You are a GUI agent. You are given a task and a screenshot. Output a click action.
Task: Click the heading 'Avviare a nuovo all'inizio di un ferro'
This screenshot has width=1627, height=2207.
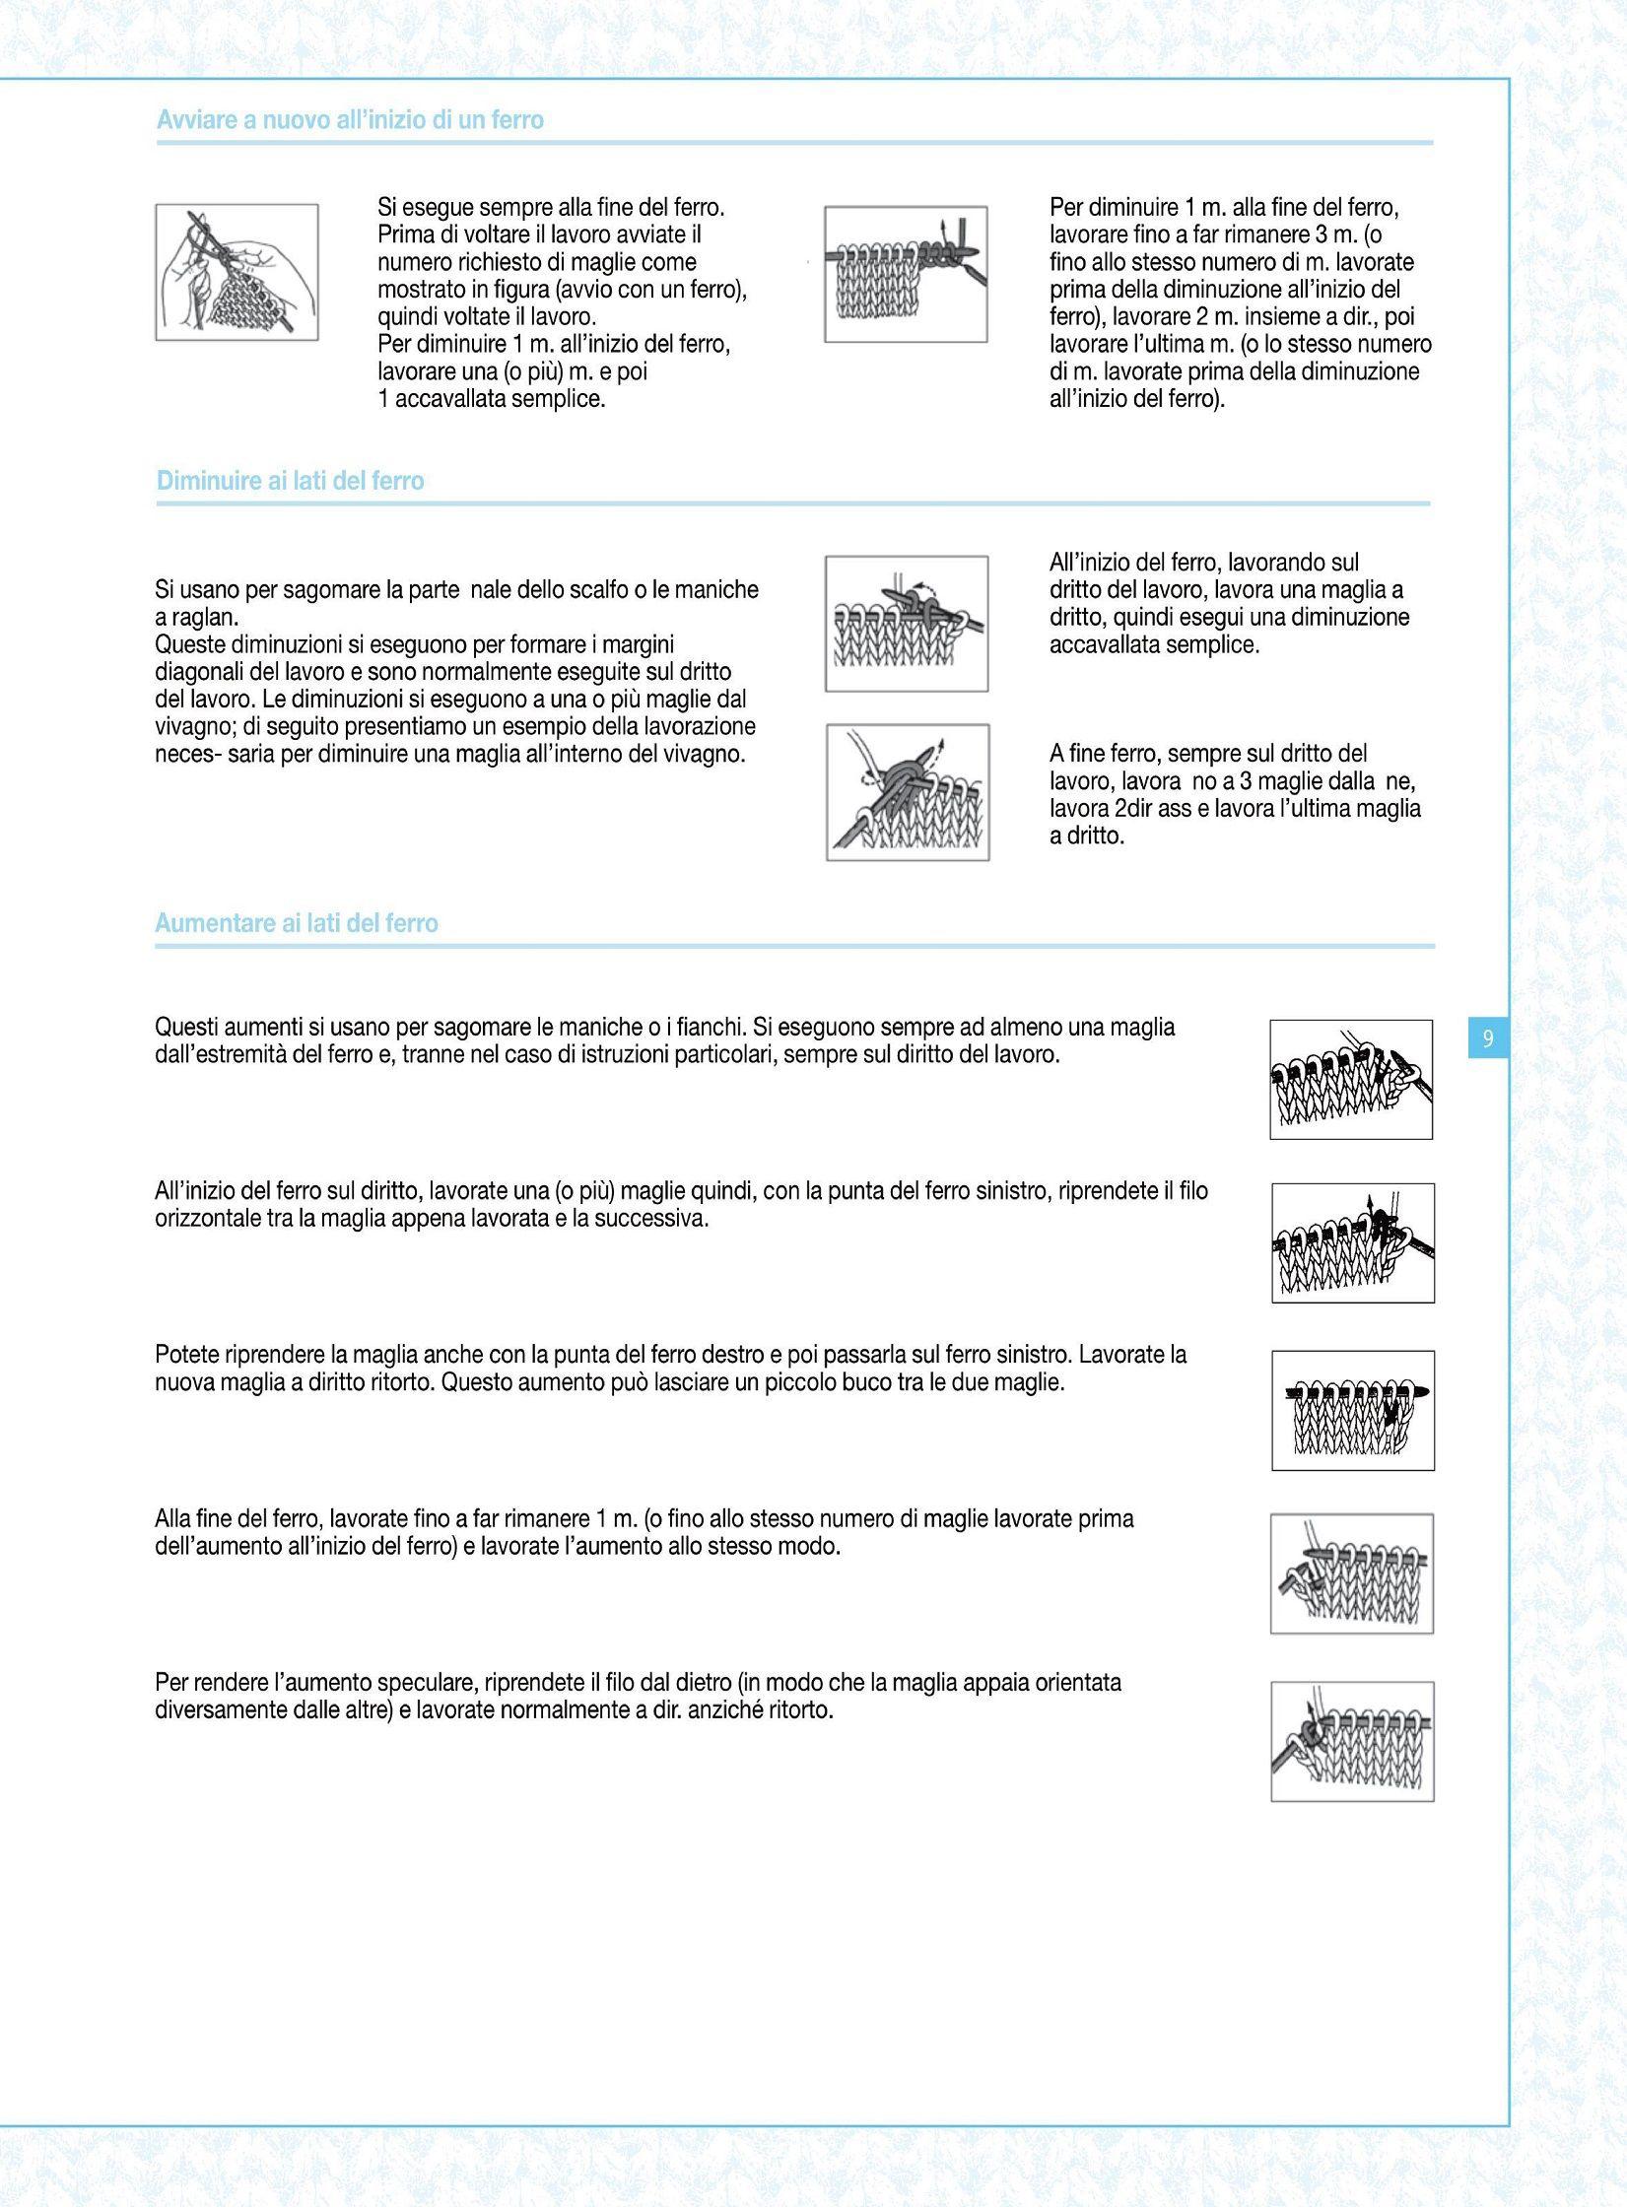tap(350, 120)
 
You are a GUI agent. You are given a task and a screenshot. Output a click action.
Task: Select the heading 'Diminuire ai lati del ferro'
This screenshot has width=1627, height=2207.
tap(290, 481)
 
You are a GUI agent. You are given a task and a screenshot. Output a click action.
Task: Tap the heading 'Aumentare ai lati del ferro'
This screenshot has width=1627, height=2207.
tap(296, 923)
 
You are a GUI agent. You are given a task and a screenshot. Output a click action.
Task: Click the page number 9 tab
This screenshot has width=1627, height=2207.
tap(1487, 1037)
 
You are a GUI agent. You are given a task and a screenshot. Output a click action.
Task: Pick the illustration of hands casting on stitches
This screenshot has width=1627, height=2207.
tap(237, 272)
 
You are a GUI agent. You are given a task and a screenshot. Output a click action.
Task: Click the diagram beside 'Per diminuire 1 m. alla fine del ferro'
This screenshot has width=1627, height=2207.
tap(906, 274)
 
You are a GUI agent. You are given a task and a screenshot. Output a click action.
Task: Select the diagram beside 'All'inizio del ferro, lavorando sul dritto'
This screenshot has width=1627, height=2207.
tap(907, 623)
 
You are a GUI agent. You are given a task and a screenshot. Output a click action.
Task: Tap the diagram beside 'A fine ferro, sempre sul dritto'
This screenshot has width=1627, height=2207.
tap(908, 792)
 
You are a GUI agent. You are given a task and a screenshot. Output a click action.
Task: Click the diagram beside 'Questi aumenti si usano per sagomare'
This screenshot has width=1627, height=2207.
tap(1350, 1079)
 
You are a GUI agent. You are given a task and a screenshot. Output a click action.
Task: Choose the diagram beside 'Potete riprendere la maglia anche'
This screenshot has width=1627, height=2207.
tap(1352, 1410)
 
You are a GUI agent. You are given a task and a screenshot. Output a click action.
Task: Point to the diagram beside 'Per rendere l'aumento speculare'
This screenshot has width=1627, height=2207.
tap(1351, 1741)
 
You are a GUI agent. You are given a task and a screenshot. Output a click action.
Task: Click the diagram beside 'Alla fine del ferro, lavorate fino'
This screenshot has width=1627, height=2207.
tap(1351, 1573)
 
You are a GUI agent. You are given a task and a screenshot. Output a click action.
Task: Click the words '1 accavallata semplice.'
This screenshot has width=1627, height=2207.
tap(491, 399)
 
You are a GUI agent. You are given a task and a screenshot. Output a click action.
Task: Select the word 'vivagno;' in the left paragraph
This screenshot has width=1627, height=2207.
tap(195, 727)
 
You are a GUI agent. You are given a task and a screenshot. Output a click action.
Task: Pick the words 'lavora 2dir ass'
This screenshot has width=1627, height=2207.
tap(1120, 809)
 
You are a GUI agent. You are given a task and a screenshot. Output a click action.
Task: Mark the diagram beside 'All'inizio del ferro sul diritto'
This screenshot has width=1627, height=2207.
tap(1352, 1243)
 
